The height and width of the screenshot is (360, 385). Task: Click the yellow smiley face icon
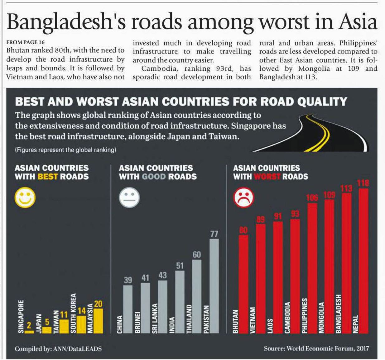pos(25,198)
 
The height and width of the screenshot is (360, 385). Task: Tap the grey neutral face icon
pos(129,198)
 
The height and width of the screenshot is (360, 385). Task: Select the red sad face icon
pos(244,198)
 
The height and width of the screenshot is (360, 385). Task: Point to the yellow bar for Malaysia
pos(98,321)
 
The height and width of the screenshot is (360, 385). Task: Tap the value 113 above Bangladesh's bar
pos(346,188)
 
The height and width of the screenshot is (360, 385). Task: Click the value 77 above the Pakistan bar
pos(214,234)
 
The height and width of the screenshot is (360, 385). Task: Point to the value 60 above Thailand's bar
pos(197,255)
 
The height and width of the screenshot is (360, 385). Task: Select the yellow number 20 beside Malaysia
pos(98,304)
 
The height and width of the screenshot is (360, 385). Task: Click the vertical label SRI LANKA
pos(154,318)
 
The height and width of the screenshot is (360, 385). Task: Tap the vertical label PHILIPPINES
pos(305,315)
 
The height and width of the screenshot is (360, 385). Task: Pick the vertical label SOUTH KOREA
pos(74,313)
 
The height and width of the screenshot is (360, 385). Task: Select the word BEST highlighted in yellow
pos(47,177)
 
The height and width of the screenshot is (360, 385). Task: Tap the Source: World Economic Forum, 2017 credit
pos(316,348)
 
